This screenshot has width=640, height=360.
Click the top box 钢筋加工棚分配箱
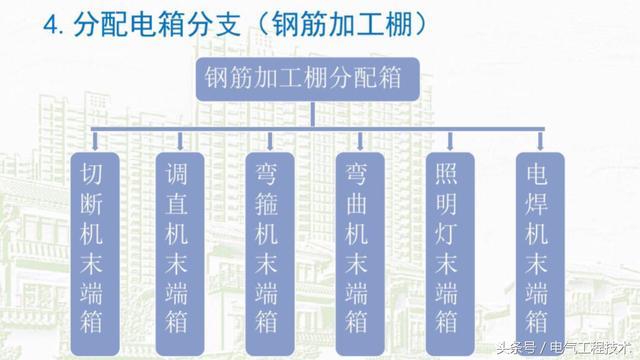pyautogui.click(x=317, y=79)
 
